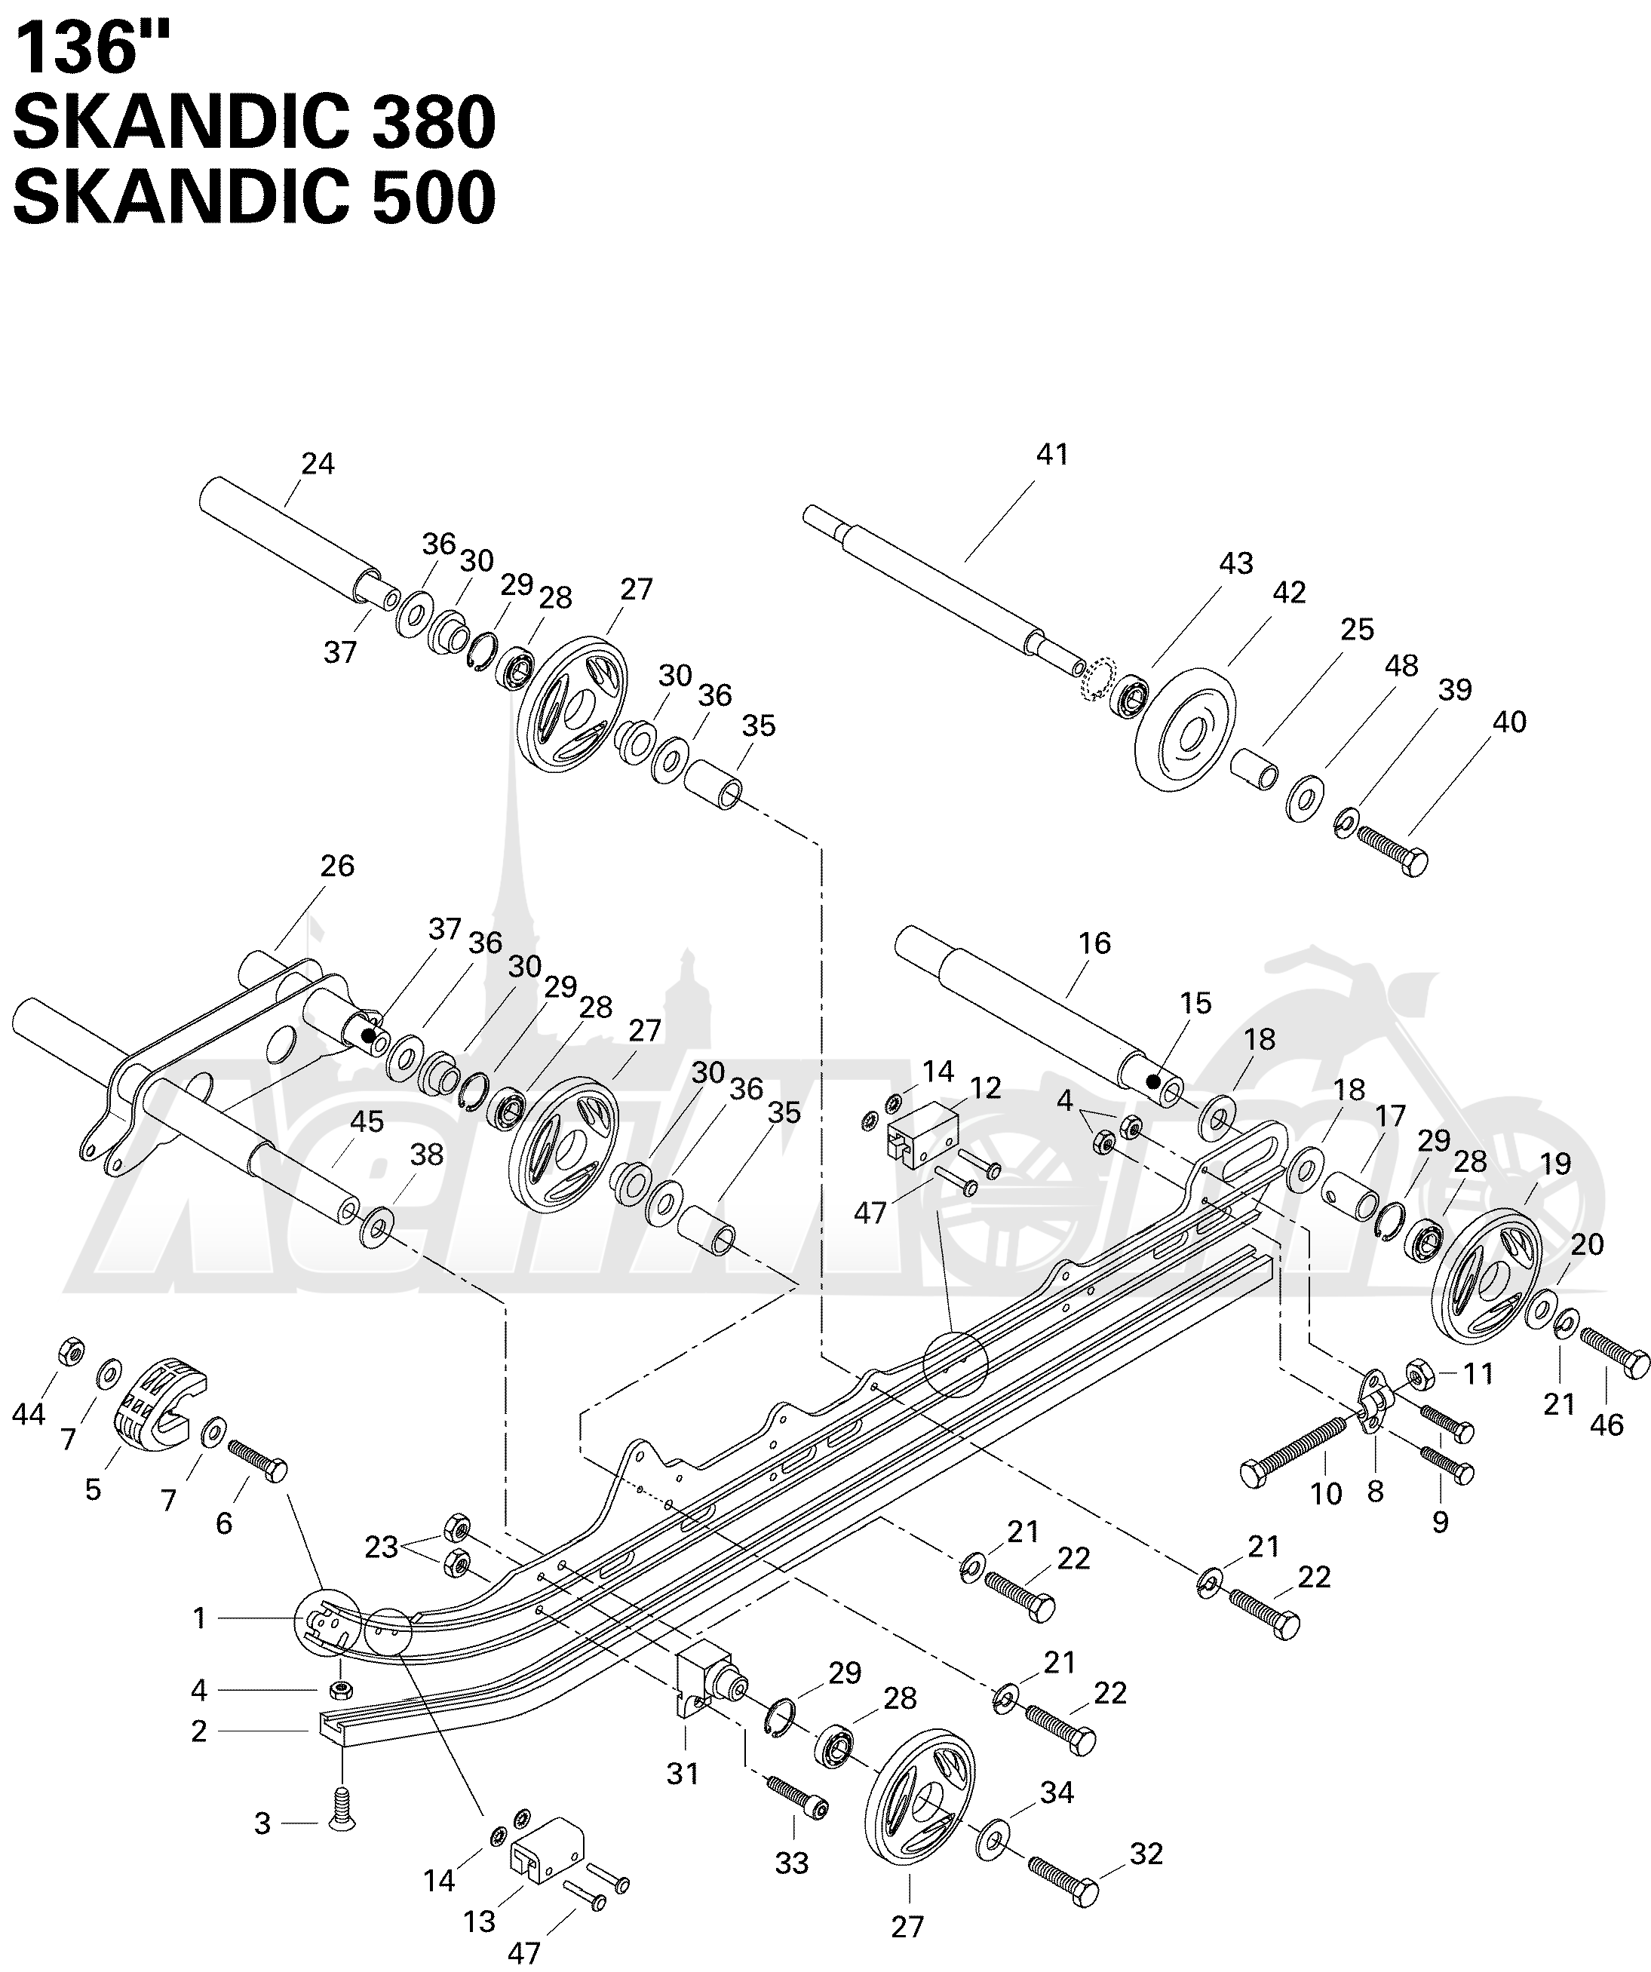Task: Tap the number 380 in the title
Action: pyautogui.click(x=434, y=122)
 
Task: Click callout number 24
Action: pyautogui.click(x=318, y=464)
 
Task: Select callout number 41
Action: pyautogui.click(x=1052, y=455)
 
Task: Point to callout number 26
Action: pyautogui.click(x=337, y=866)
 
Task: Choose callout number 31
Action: pyautogui.click(x=683, y=1774)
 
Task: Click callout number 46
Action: pyautogui.click(x=1607, y=1425)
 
